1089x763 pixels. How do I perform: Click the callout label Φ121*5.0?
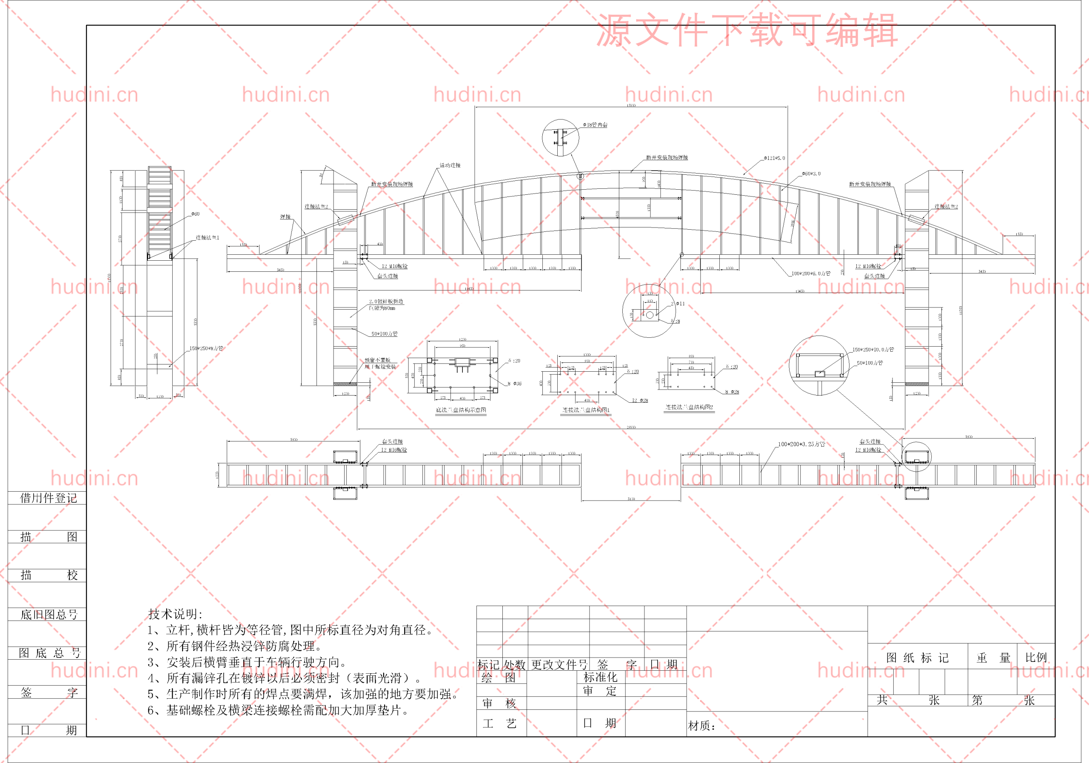pos(774,158)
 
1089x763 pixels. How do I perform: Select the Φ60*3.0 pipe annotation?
pos(811,174)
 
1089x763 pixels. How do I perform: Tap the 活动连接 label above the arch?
pos(450,165)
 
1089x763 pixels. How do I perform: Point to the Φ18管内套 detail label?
pos(595,125)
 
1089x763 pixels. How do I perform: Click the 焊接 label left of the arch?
pos(285,217)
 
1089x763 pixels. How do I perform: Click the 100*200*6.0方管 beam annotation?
pos(811,273)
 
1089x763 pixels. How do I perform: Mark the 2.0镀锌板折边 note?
pos(386,302)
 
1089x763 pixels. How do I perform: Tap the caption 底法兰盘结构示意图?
pos(461,410)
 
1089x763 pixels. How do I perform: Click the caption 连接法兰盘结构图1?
pos(586,410)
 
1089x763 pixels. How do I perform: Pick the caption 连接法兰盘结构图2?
pos(689,407)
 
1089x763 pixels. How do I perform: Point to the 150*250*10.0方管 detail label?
pos(873,350)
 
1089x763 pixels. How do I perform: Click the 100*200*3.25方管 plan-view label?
pos(801,444)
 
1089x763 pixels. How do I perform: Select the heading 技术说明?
pos(175,614)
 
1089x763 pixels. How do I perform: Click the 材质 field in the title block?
pos(701,726)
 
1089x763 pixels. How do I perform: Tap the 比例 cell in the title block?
pos(1036,657)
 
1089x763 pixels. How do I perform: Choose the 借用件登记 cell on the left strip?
pos(48,498)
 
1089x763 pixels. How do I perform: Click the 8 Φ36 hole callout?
pos(514,384)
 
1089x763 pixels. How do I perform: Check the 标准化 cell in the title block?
pos(600,677)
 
